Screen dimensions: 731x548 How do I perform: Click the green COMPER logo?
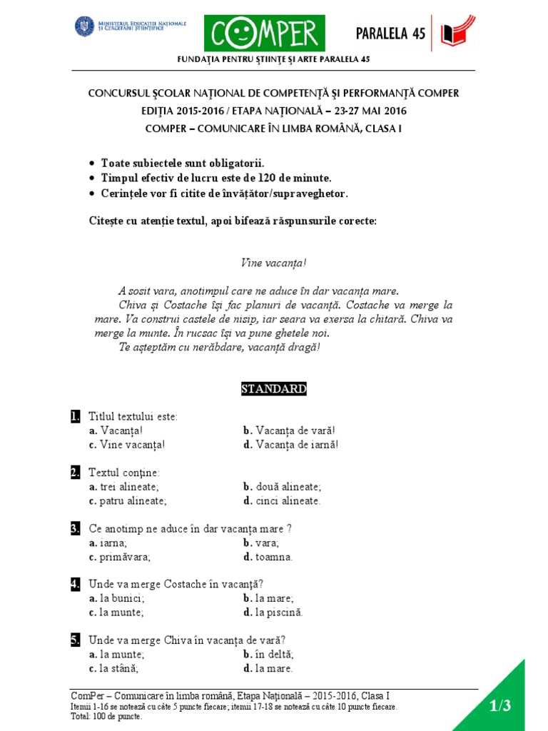click(x=264, y=34)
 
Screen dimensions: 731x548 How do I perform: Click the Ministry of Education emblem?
click(x=84, y=26)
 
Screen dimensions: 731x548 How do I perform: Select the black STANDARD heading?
click(x=274, y=389)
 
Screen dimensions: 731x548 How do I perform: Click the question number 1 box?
click(x=75, y=416)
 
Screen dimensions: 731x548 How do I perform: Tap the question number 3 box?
click(x=75, y=529)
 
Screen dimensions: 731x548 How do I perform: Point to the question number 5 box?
click(x=75, y=640)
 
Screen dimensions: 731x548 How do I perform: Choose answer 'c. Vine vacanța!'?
click(x=127, y=445)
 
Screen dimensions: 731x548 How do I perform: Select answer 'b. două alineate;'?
click(x=282, y=487)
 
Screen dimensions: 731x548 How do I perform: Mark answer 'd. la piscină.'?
click(x=273, y=612)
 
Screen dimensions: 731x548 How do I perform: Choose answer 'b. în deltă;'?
click(x=268, y=655)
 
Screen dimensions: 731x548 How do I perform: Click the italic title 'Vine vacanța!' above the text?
click(x=274, y=263)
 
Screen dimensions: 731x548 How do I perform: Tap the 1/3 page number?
click(x=500, y=706)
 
